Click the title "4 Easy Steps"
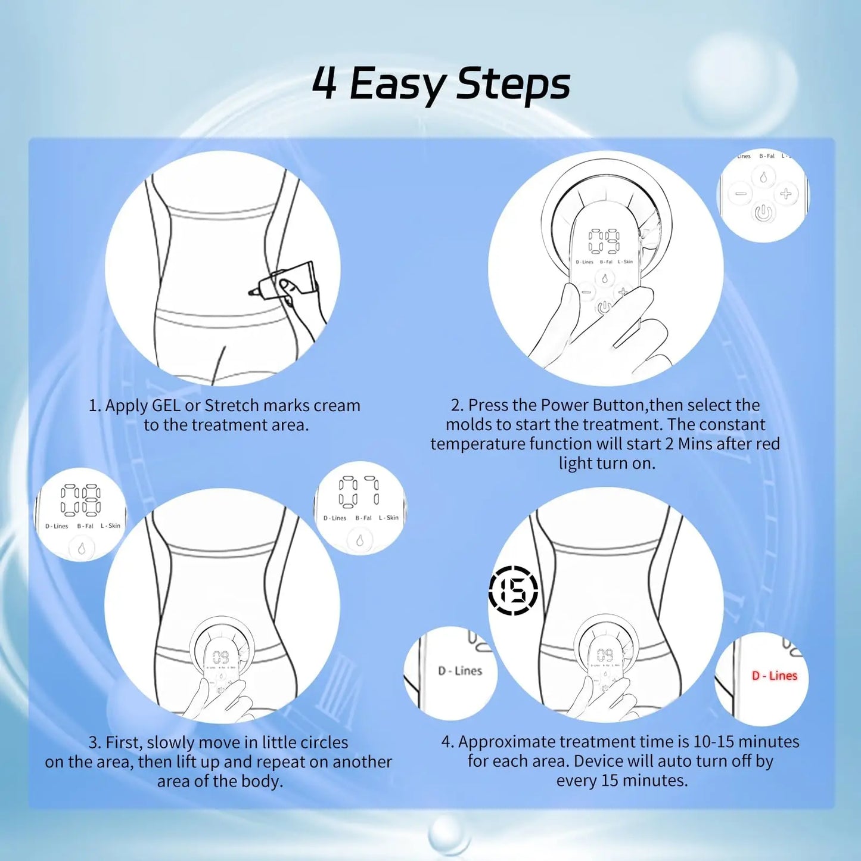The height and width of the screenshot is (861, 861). point(441,84)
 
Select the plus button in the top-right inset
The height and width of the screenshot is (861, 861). point(786,194)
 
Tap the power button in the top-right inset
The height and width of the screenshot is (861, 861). point(763,213)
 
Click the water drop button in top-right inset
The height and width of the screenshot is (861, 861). point(763,177)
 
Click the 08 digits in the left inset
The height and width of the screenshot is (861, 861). point(80,500)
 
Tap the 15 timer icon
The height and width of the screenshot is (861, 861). point(513,590)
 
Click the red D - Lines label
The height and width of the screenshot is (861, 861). point(774,676)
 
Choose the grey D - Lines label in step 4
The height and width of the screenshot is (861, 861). point(460,671)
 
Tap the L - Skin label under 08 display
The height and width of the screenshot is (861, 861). point(110,526)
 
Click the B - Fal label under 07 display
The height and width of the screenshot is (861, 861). point(363,518)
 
